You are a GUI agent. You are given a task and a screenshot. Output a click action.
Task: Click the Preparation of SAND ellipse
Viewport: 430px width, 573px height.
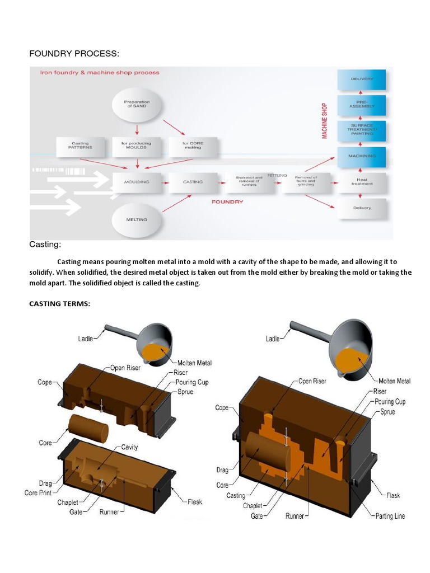click(x=137, y=104)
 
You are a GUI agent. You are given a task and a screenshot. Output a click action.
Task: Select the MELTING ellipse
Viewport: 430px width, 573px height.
click(x=137, y=219)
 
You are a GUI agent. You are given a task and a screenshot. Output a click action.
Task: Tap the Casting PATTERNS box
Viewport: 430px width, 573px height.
click(x=80, y=146)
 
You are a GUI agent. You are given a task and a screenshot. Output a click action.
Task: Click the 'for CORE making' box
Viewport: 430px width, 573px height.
click(x=193, y=146)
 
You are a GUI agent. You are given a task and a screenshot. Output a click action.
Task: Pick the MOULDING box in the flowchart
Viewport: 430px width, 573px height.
click(x=137, y=182)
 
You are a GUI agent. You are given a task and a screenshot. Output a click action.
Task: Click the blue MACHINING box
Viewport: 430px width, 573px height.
click(x=362, y=156)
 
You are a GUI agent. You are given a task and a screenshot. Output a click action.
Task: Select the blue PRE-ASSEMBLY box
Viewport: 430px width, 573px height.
click(x=362, y=105)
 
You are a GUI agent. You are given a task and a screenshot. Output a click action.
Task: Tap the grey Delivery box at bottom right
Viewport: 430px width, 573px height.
click(x=362, y=208)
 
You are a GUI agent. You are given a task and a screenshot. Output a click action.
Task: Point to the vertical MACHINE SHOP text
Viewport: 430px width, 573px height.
click(x=325, y=121)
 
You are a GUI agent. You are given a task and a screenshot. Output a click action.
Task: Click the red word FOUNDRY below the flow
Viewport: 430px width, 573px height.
click(x=227, y=201)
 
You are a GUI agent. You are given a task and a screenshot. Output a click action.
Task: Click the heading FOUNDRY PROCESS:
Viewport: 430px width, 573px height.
click(x=74, y=54)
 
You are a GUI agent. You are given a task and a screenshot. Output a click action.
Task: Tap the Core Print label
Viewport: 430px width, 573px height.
click(x=39, y=493)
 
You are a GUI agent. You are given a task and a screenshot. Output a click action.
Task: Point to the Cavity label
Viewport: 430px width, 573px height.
click(x=129, y=447)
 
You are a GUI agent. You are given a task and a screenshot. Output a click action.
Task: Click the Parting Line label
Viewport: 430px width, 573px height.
click(x=391, y=516)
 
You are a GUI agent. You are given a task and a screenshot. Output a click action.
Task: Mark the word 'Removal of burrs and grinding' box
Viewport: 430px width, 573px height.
click(x=306, y=182)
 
